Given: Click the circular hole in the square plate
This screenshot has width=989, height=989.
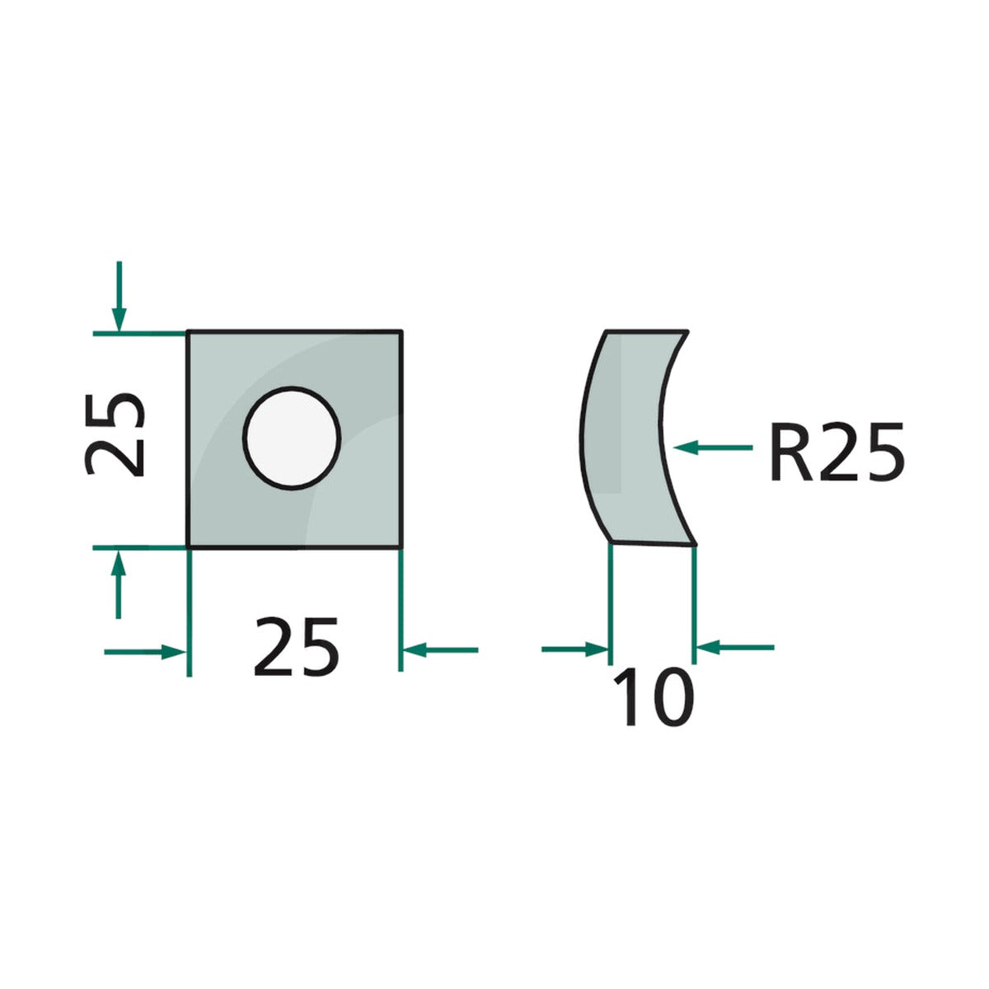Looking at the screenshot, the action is tap(292, 438).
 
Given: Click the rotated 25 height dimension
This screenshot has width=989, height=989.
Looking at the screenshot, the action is tap(114, 434).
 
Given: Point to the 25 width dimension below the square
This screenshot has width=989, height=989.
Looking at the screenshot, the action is tap(296, 647).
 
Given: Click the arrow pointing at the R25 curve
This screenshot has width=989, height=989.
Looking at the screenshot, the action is tap(713, 448).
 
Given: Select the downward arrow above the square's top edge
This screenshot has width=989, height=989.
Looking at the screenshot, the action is tap(119, 297).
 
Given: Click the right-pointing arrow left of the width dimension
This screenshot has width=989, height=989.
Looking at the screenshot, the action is tap(145, 652).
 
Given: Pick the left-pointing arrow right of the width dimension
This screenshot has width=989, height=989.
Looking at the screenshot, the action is tap(440, 650).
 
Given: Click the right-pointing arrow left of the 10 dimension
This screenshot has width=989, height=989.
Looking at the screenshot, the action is tap(574, 649).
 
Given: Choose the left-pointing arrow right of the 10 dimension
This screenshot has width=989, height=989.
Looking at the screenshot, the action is tap(735, 648).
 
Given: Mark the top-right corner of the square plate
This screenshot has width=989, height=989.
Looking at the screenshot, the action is tap(401, 331).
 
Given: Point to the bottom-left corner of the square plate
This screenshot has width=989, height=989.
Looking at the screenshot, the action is tap(188, 549).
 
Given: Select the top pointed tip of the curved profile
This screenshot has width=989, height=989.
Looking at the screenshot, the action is tap(687, 331).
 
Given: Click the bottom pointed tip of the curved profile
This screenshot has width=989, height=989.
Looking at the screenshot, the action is tap(696, 545).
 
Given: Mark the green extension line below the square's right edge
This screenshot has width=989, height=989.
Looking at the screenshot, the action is tap(401, 610).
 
